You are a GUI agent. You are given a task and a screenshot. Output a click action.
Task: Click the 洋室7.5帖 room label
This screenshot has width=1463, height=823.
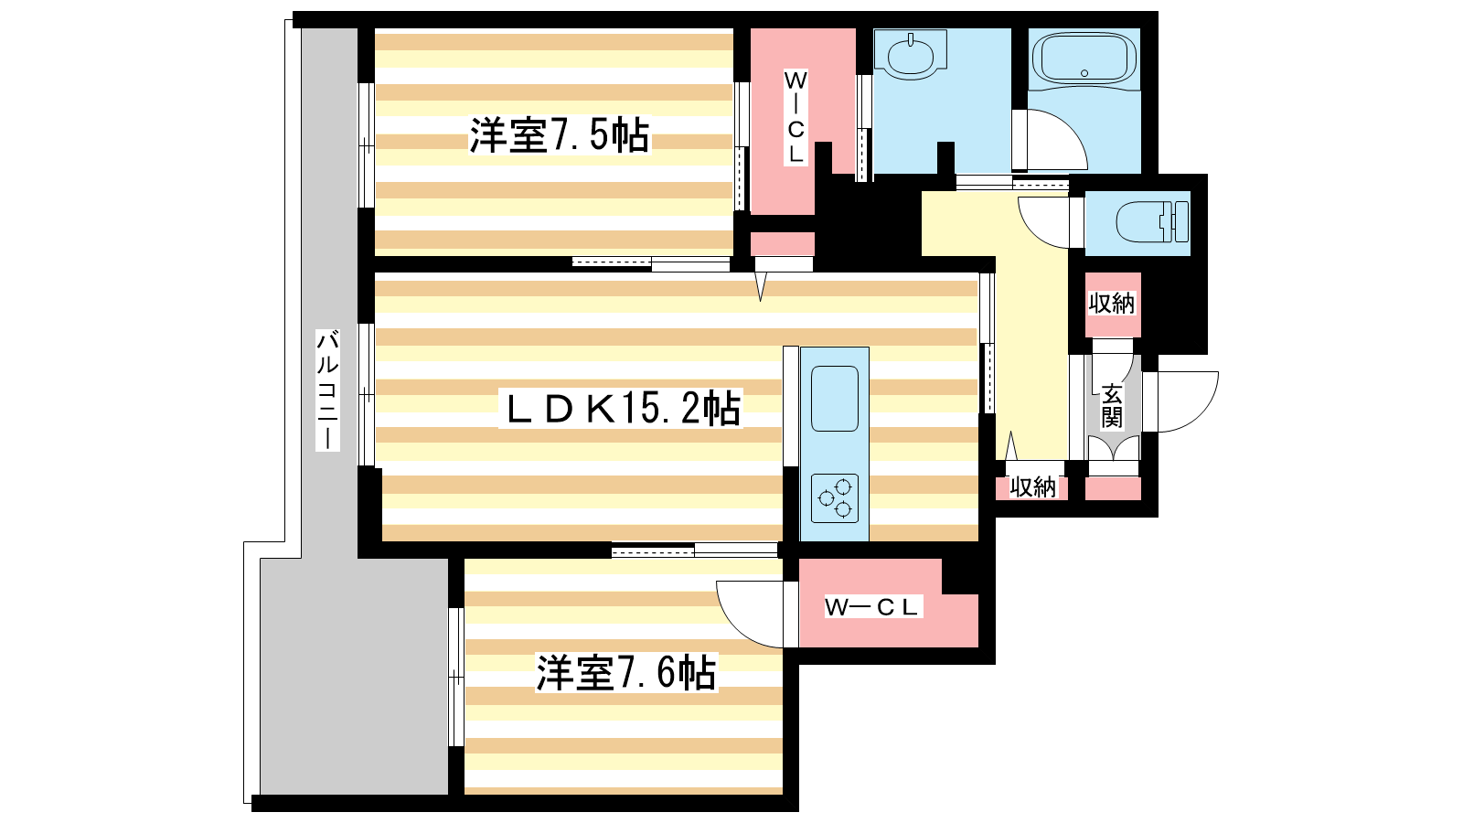(x=559, y=136)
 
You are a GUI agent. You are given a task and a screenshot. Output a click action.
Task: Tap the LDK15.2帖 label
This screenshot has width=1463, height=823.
(x=621, y=408)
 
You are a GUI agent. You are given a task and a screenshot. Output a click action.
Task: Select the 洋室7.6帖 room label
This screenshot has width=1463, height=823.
(x=626, y=672)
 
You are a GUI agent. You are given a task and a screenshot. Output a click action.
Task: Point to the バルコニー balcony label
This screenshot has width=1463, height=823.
(x=327, y=390)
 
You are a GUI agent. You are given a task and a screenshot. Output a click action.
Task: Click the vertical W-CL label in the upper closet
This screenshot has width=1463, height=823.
(x=795, y=117)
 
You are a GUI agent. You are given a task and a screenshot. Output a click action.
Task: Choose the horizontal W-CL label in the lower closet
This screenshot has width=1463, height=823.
(x=872, y=607)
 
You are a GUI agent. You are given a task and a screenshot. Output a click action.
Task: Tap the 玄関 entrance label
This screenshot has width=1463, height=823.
(x=1112, y=406)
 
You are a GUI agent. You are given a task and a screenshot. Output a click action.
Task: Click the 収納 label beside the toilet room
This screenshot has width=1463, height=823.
(x=1112, y=304)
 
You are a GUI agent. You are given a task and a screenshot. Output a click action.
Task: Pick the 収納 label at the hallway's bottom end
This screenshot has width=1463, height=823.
(x=1032, y=486)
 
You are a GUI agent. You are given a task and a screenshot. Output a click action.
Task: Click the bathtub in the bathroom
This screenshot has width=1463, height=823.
(x=1084, y=59)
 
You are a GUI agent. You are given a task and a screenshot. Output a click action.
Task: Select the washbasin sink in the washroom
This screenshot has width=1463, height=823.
(x=911, y=55)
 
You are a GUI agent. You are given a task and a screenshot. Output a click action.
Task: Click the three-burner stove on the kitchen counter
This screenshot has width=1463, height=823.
(x=835, y=498)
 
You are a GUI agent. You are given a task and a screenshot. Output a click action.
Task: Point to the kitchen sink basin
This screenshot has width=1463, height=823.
(x=835, y=399)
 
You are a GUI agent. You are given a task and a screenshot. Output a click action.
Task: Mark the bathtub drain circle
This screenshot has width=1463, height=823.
(x=1084, y=73)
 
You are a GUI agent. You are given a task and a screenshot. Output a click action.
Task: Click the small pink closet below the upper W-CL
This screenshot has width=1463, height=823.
(x=783, y=243)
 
